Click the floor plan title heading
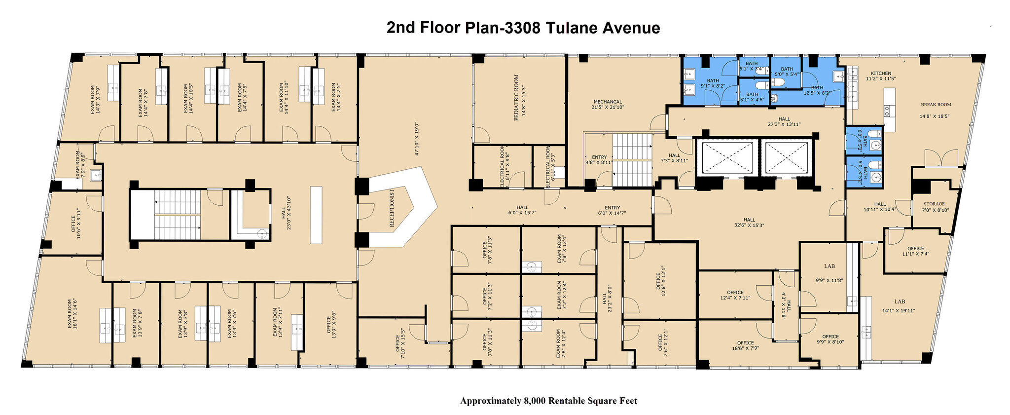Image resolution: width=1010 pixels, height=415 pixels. tap(523, 28)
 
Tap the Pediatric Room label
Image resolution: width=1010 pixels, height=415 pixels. tap(520, 98)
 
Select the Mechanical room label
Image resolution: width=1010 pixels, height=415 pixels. tap(608, 104)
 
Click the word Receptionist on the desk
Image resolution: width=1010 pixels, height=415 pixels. tap(392, 208)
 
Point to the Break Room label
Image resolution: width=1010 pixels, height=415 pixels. tap(935, 110)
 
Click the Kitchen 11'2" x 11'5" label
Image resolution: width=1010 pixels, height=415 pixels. tap(881, 75)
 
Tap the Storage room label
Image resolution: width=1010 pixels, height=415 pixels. tap(934, 206)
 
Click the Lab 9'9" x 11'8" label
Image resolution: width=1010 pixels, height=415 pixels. tap(830, 273)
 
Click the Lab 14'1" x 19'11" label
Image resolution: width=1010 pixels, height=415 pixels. tap(900, 305)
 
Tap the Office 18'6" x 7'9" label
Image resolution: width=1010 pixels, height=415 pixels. tap(745, 345)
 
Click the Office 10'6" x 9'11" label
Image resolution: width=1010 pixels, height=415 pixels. tap(76, 223)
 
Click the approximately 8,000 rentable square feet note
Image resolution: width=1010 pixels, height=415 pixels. tap(548, 401)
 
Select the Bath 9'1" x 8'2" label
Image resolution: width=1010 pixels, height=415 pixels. tap(713, 83)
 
